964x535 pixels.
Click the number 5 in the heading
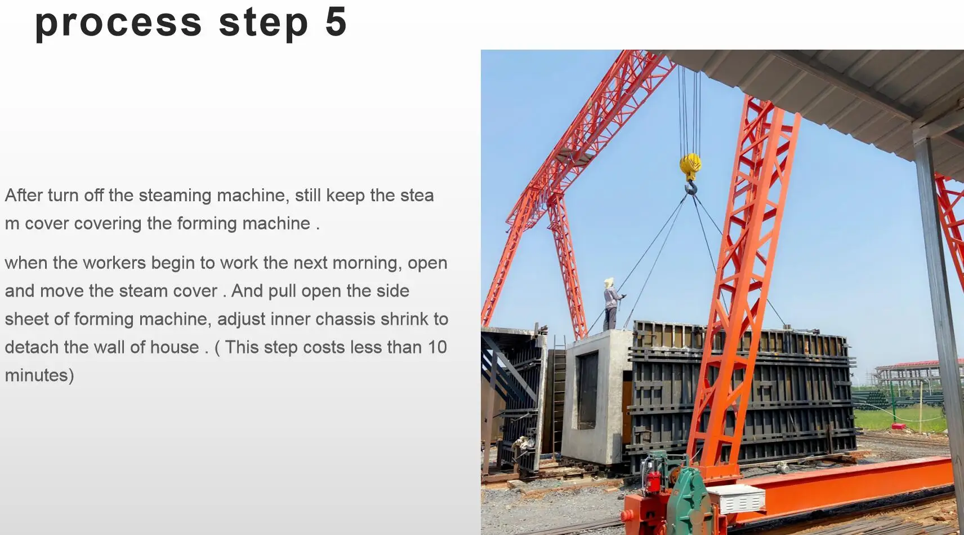[336, 22]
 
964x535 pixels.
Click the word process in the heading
[118, 24]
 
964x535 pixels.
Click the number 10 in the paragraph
[437, 347]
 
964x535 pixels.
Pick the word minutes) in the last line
[39, 375]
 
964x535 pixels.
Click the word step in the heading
[264, 24]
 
